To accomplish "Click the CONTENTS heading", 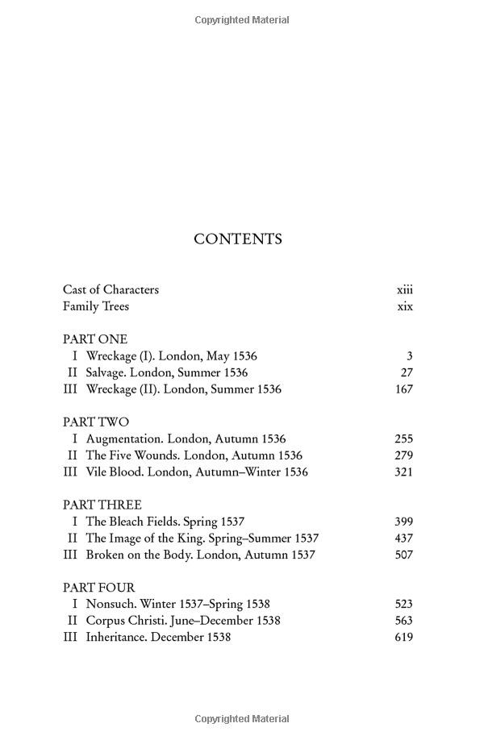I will point(238,239).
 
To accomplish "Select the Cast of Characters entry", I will point(111,289).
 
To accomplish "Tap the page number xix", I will point(405,306).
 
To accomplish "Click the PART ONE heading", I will point(95,339).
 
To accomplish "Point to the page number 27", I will point(407,372).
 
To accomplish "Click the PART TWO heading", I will point(96,422).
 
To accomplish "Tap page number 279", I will point(403,455).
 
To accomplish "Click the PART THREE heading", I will point(102,505).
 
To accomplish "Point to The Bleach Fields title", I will point(131,522).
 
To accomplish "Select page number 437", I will point(403,538).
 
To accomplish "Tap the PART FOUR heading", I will point(99,588).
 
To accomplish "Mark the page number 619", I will point(403,638).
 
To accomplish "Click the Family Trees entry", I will point(96,306).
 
